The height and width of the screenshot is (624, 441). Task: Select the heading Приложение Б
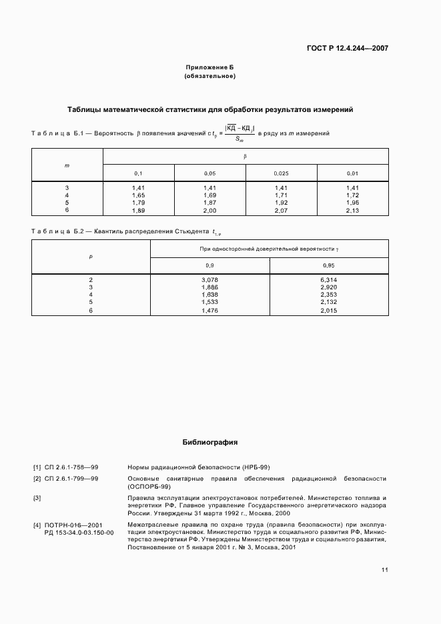(x=209, y=68)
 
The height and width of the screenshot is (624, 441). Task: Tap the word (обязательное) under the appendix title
(x=209, y=77)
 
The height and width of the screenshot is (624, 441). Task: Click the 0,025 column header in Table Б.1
(x=281, y=173)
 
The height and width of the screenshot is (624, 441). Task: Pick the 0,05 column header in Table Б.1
(x=209, y=173)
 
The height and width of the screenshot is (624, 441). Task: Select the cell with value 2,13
(x=353, y=210)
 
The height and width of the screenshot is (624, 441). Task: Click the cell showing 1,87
(x=209, y=203)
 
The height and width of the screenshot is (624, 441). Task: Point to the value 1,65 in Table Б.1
(x=138, y=195)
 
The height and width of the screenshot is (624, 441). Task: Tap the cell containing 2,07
(x=281, y=210)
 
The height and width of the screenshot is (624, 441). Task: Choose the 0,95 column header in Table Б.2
(x=329, y=265)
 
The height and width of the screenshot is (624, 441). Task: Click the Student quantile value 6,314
(x=329, y=280)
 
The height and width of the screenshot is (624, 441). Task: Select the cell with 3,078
(x=209, y=280)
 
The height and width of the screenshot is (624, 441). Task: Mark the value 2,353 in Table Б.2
(x=329, y=295)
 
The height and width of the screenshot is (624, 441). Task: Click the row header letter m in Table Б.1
(x=67, y=164)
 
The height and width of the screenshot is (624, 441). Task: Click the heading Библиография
(x=209, y=442)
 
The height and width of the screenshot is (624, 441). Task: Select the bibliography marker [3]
(x=37, y=497)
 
